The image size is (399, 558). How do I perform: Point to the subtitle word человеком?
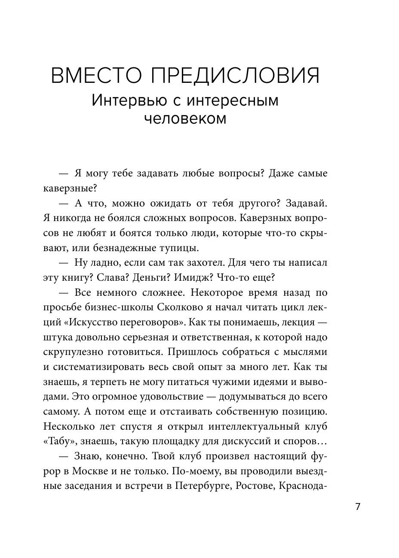(x=185, y=118)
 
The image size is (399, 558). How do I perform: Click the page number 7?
(x=358, y=506)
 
